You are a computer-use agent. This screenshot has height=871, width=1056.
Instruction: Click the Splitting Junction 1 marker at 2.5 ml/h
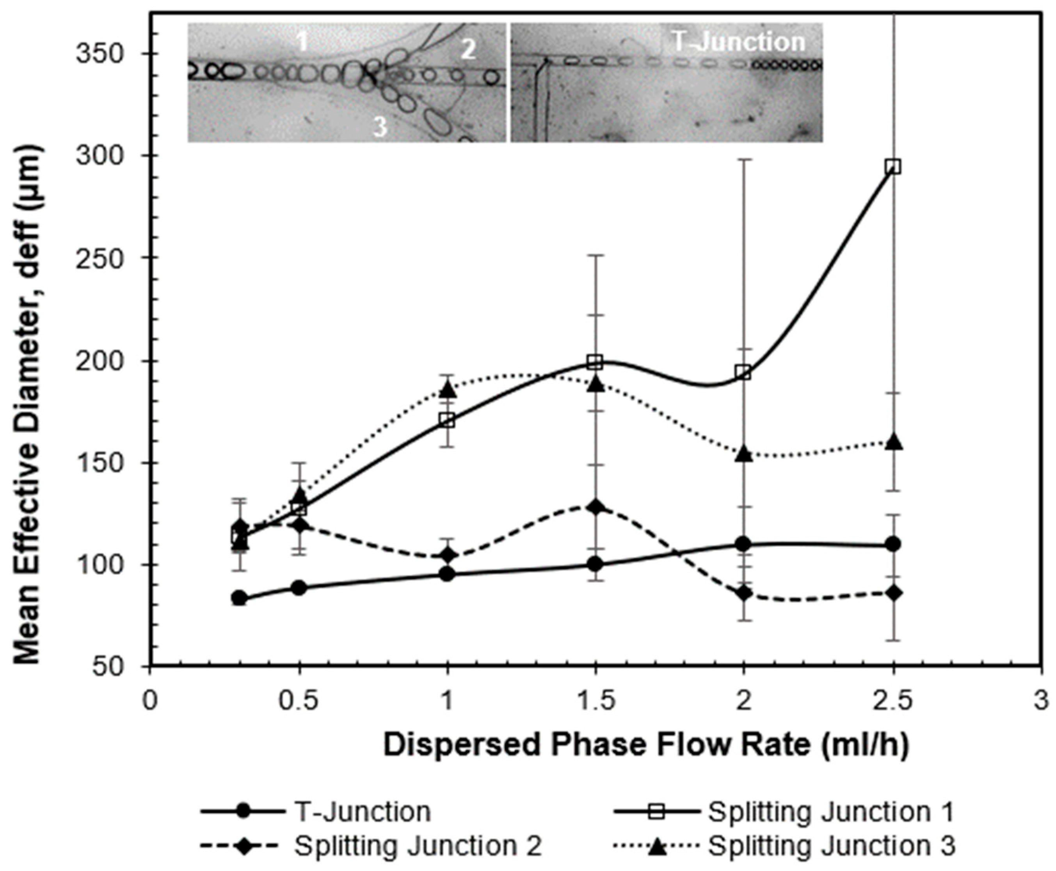893,167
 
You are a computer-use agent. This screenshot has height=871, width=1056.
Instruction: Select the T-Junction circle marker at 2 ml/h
744,544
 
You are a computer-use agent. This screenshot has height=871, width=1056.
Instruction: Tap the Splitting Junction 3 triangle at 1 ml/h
448,389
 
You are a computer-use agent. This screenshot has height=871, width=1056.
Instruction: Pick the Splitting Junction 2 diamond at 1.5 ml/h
595,506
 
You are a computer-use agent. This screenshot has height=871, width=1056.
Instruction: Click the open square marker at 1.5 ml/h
595,361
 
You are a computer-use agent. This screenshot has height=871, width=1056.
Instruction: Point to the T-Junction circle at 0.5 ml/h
299,587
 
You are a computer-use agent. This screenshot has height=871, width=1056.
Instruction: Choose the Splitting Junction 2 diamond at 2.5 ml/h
893,593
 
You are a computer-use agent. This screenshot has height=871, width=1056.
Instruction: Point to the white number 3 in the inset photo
380,126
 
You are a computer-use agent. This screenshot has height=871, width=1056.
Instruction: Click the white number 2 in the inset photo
468,50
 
